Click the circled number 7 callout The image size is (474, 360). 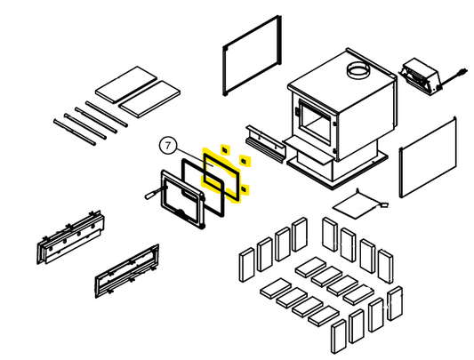[x=168, y=146]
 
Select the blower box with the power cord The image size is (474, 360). [x=420, y=76]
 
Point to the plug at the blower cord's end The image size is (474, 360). [x=464, y=72]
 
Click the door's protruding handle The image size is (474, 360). [x=152, y=194]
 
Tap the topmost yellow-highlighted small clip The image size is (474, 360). [x=225, y=149]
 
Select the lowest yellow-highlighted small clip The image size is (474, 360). [x=244, y=189]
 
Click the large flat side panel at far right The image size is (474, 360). [x=428, y=157]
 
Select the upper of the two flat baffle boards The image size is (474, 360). [x=125, y=84]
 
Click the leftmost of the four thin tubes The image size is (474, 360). [x=75, y=132]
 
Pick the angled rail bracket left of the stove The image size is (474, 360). [x=265, y=143]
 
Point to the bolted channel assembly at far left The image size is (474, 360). [x=71, y=237]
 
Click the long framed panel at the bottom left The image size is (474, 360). [x=127, y=271]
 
